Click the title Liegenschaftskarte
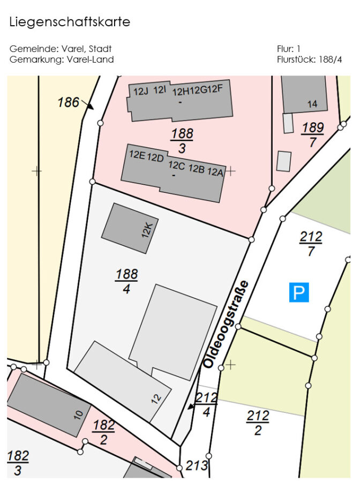click(x=70, y=22)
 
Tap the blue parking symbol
click(x=299, y=292)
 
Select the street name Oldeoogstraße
click(x=226, y=324)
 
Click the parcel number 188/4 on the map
click(x=126, y=282)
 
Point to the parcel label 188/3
click(x=182, y=140)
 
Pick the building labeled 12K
click(x=126, y=228)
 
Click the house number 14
click(x=312, y=104)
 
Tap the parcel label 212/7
click(x=311, y=244)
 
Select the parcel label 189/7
click(x=312, y=134)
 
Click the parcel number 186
click(x=68, y=102)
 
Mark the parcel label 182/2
click(x=103, y=432)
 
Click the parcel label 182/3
click(x=18, y=463)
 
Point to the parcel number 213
click(x=197, y=466)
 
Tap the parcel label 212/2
click(x=258, y=423)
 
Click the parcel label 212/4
click(x=206, y=404)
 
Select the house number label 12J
click(x=140, y=91)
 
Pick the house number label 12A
click(x=215, y=171)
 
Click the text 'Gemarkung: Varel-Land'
click(x=62, y=59)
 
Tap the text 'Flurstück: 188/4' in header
click(x=309, y=59)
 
